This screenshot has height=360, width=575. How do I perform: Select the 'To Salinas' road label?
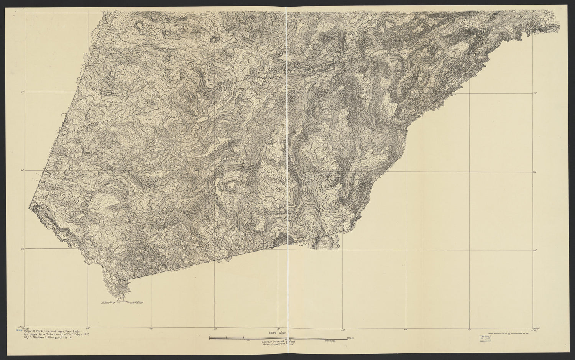pos(137,302)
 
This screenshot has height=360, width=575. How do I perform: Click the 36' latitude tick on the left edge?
pos(22,171)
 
